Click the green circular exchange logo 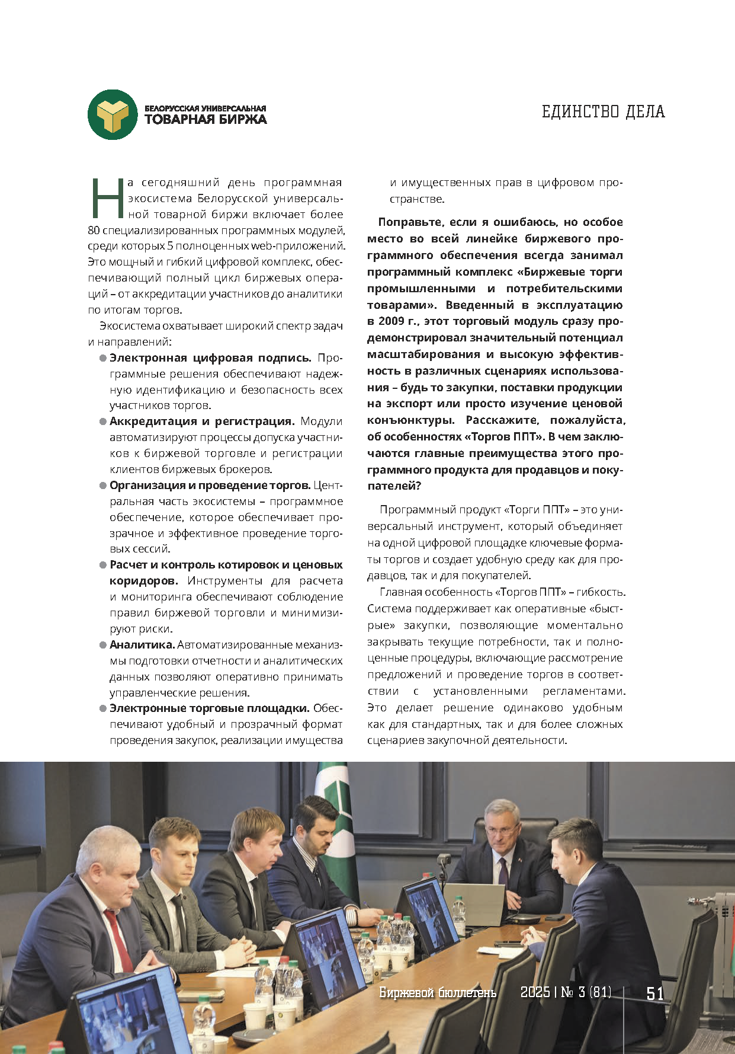pyautogui.click(x=113, y=115)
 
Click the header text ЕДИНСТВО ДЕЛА pyautogui.click(x=603, y=111)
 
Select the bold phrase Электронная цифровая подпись pyautogui.click(x=210, y=357)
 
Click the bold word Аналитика pyautogui.click(x=142, y=644)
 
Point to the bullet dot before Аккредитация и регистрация pyautogui.click(x=102, y=421)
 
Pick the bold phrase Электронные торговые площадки pyautogui.click(x=210, y=708)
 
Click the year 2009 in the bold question pyautogui.click(x=387, y=321)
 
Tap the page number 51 pyautogui.click(x=655, y=993)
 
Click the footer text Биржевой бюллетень pyautogui.click(x=438, y=992)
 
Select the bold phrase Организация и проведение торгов pyautogui.click(x=210, y=485)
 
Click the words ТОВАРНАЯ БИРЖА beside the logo pyautogui.click(x=206, y=119)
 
